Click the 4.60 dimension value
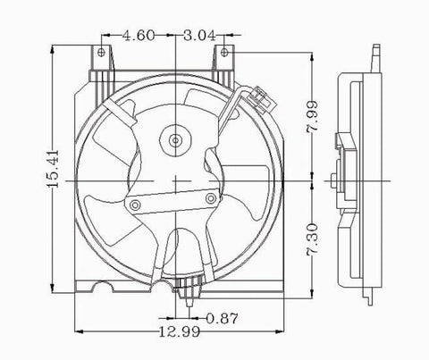tap(139, 36)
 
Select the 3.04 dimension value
tap(199, 36)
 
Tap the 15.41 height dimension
tap(53, 169)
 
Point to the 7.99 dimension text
tap(312, 117)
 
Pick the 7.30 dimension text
tap(312, 239)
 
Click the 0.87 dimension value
tap(223, 318)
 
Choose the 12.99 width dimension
tap(180, 331)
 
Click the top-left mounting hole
tap(101, 53)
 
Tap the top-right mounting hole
tap(224, 53)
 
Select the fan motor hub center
tap(175, 139)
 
